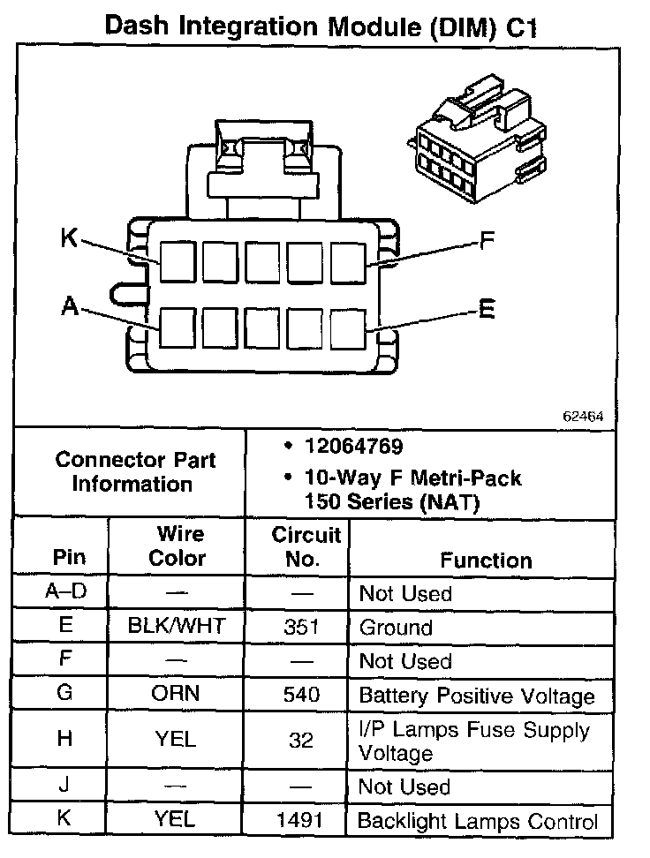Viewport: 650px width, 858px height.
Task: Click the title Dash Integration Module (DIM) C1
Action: point(321,26)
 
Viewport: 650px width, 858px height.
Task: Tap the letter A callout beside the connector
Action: point(71,306)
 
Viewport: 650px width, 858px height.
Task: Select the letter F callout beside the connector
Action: point(486,240)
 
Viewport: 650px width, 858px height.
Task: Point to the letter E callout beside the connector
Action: point(486,309)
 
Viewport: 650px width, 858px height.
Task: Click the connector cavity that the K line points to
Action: point(178,261)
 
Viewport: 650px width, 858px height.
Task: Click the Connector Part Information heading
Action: point(134,471)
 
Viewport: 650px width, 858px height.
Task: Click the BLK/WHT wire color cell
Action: point(177,628)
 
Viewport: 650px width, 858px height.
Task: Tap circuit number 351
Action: point(301,628)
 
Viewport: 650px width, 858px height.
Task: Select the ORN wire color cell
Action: point(176,694)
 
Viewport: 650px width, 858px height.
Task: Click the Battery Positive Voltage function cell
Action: point(477,696)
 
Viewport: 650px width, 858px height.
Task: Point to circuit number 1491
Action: point(301,820)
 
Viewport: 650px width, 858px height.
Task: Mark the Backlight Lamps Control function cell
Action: point(477,821)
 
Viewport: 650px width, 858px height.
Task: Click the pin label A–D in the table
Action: point(65,591)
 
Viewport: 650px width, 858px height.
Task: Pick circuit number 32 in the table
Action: point(301,740)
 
